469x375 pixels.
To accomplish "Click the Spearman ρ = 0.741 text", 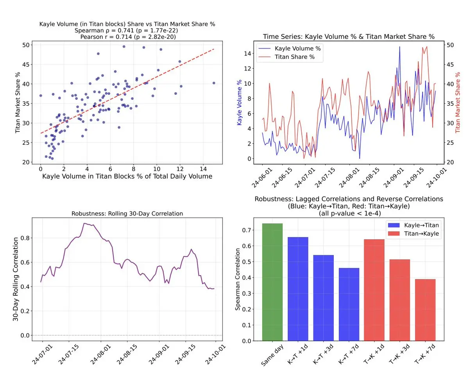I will [x=127, y=30].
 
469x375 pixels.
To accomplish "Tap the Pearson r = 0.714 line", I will [x=127, y=36].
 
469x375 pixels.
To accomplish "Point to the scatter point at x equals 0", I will [x=41, y=96].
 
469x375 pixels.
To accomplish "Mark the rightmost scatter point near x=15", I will [x=214, y=83].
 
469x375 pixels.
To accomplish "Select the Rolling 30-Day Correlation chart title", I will [x=127, y=213].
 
